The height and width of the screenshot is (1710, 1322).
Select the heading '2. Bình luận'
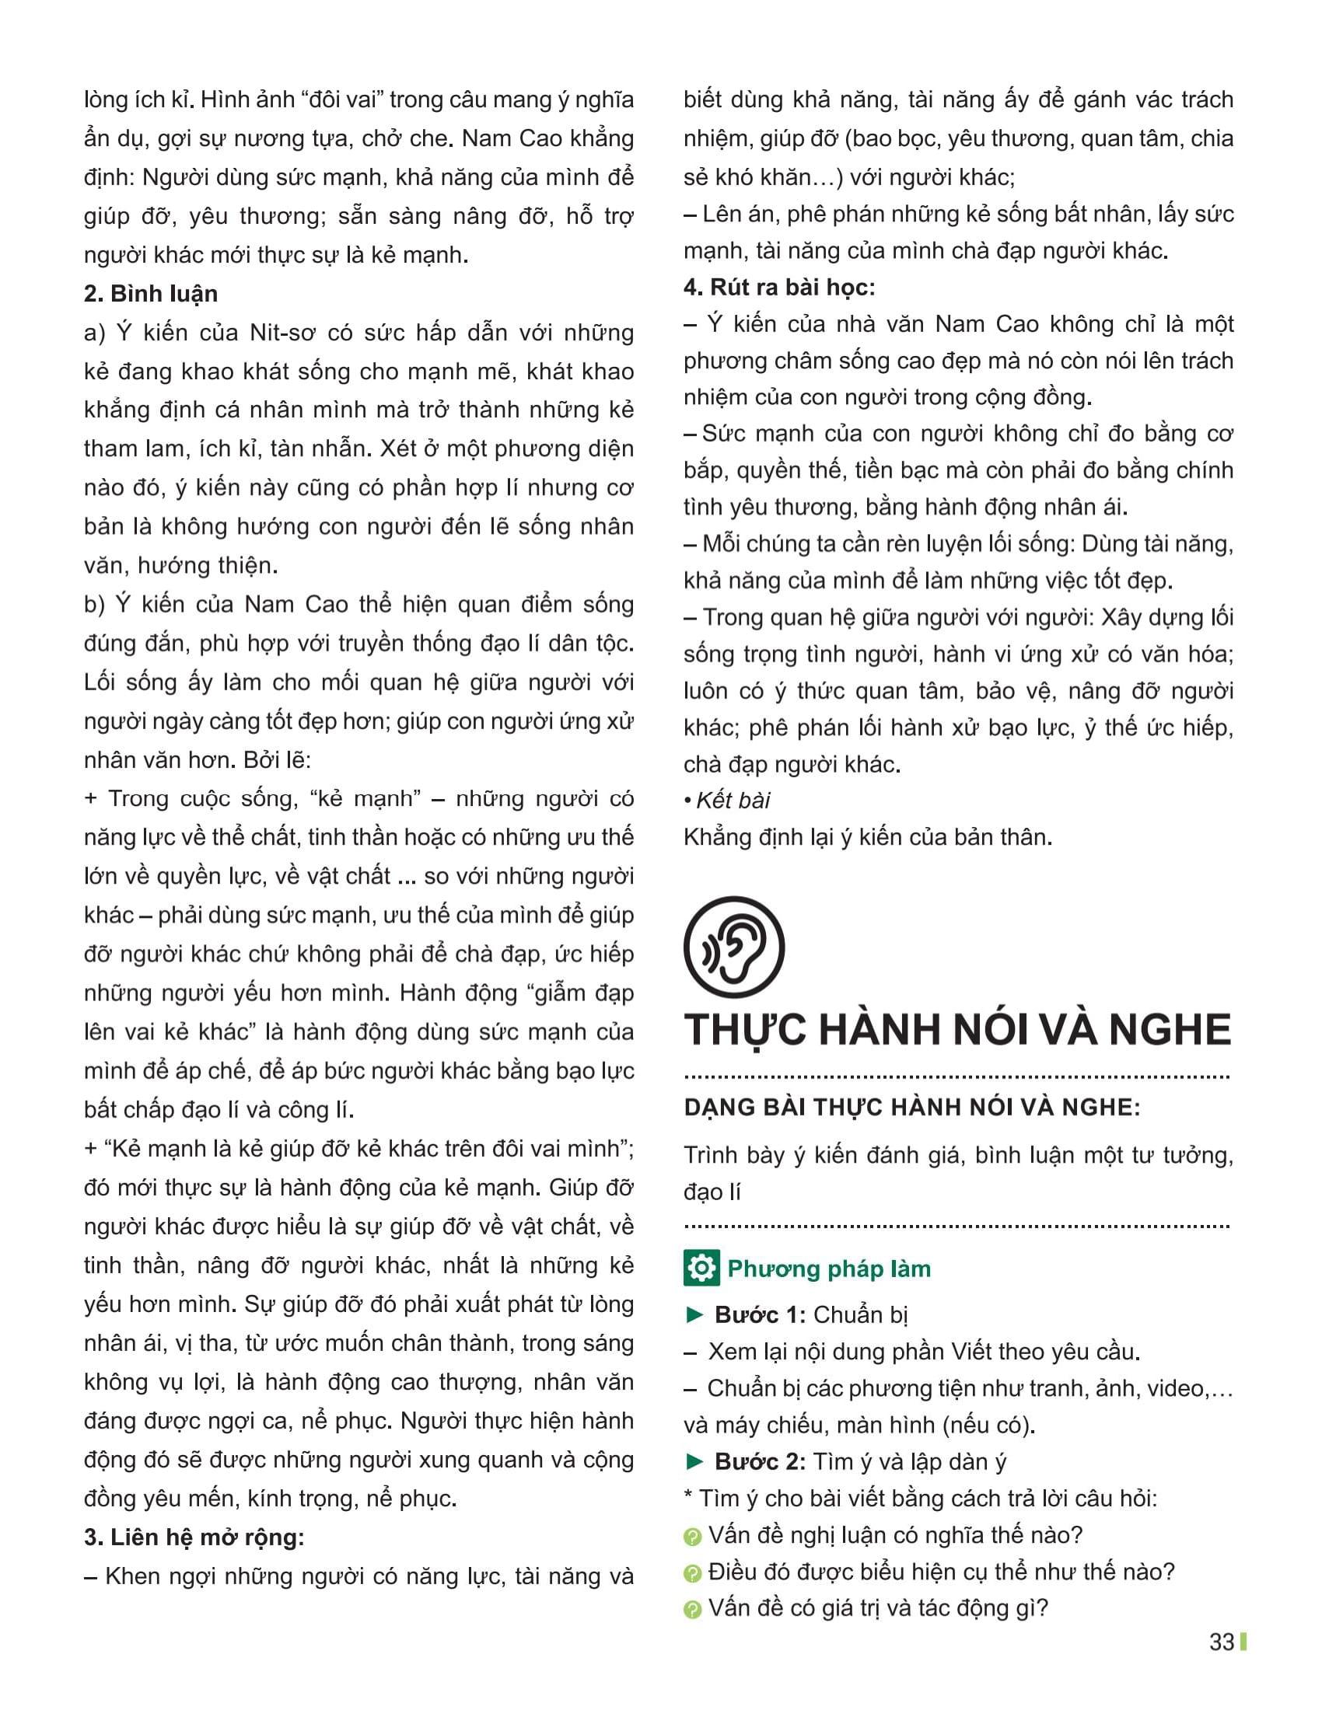tap(150, 294)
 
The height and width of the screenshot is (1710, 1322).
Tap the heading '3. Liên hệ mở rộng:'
tap(194, 1537)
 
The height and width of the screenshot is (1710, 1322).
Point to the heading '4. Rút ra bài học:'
tap(778, 288)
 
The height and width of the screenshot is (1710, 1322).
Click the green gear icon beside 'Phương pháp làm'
tap(701, 1269)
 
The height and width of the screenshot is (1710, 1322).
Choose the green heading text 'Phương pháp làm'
tap(829, 1269)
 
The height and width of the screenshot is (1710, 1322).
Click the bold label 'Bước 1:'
tap(760, 1314)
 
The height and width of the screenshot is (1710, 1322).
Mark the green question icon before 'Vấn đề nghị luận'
tap(692, 1537)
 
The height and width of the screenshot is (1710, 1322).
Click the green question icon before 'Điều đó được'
tap(692, 1573)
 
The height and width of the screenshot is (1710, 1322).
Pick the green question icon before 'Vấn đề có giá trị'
tap(692, 1610)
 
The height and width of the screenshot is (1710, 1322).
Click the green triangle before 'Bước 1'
tap(694, 1314)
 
